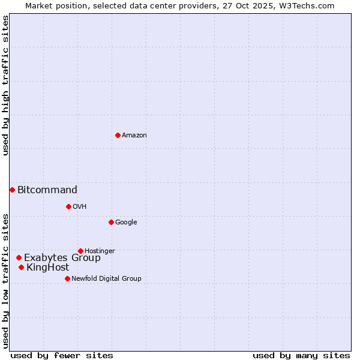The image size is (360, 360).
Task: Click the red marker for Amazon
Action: [118, 135]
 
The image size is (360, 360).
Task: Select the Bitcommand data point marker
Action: [12, 190]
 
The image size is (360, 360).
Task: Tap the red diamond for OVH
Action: [68, 206]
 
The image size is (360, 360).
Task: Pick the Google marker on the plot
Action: [111, 222]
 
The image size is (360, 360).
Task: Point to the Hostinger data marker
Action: [80, 251]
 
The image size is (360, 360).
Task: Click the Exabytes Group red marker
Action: [19, 257]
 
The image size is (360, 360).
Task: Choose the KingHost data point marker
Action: [21, 267]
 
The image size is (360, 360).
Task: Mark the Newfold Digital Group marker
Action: [67, 278]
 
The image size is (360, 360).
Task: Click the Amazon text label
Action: [134, 136]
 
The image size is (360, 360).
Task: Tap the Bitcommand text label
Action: [47, 190]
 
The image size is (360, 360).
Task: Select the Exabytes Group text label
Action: [62, 258]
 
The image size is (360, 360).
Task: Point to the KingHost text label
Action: [48, 268]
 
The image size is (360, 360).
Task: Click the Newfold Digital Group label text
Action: [106, 278]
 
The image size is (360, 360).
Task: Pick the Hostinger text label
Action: [100, 251]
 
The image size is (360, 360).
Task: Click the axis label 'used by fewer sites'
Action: [62, 356]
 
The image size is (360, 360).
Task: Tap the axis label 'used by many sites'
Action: [301, 356]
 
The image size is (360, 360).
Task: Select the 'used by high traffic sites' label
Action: [5, 85]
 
